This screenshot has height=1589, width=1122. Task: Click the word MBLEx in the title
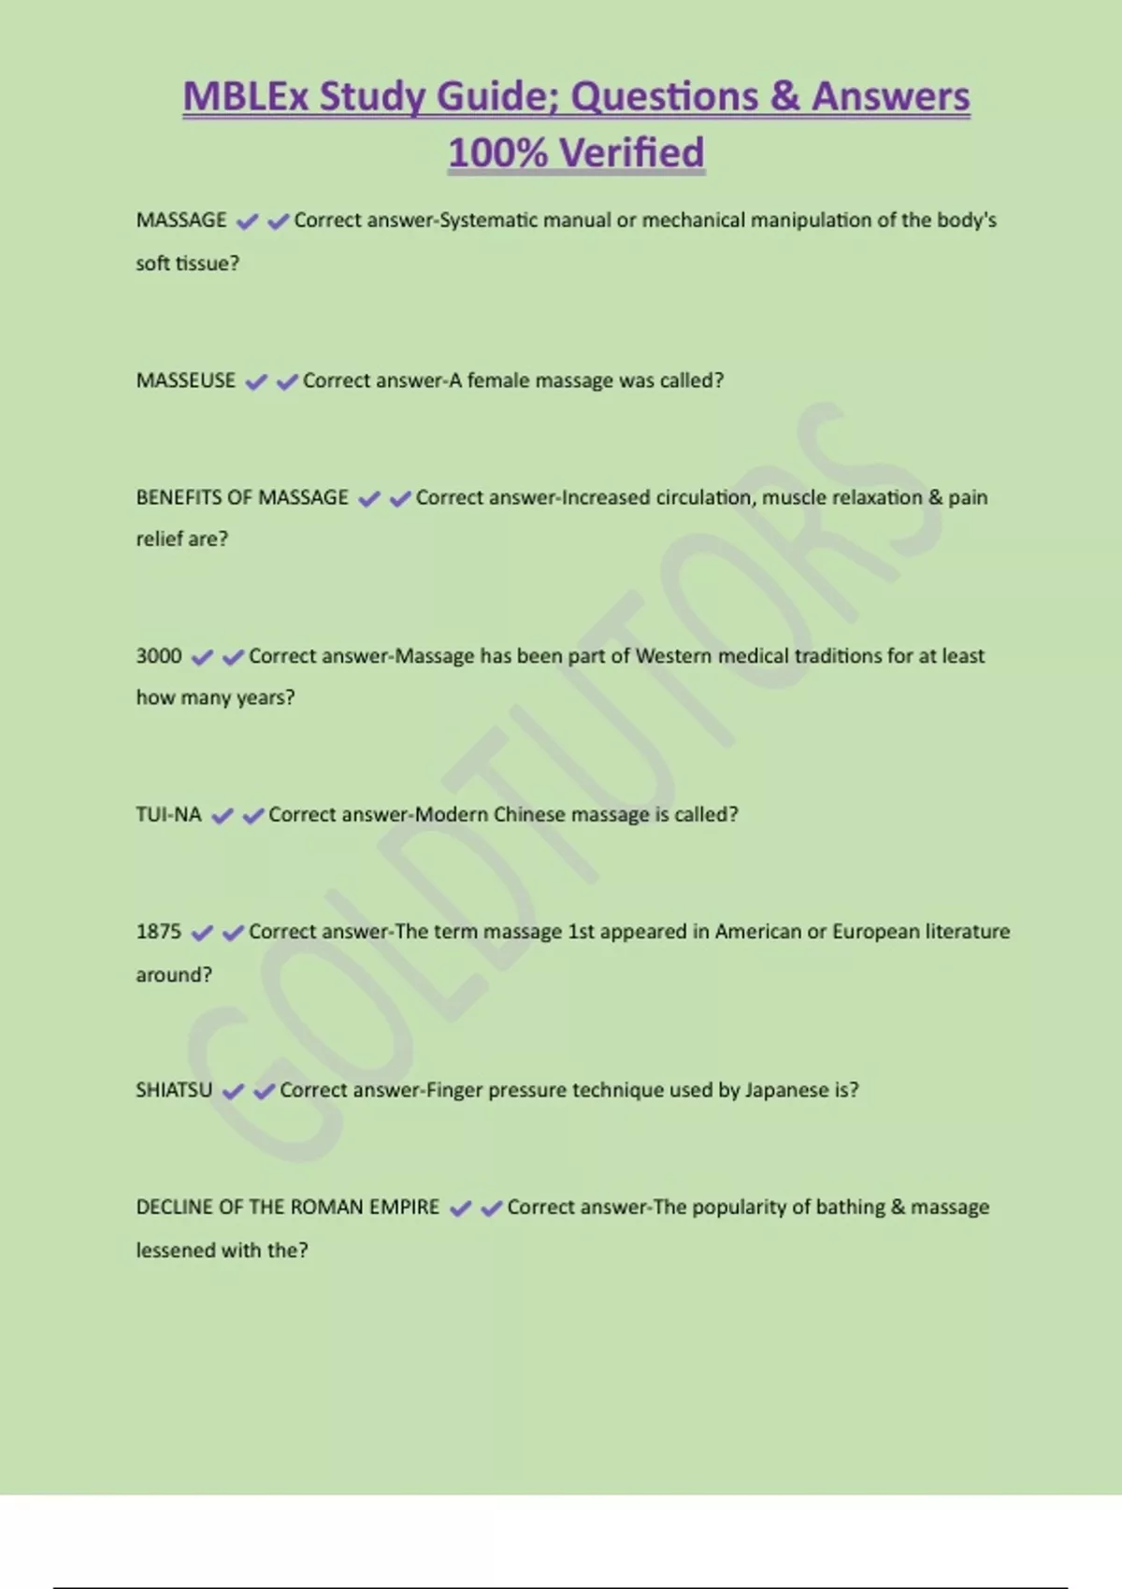point(245,96)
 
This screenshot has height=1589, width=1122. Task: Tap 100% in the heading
point(497,152)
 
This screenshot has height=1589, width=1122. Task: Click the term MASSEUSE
point(186,380)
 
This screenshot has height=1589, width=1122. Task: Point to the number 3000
point(159,656)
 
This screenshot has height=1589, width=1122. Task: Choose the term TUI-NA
point(168,814)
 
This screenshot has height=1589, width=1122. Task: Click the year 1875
point(159,931)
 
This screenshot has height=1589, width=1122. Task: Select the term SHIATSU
point(174,1090)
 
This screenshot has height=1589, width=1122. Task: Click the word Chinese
point(529,814)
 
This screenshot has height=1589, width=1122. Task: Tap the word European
point(876,931)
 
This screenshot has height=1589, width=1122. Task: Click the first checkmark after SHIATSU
point(233,1091)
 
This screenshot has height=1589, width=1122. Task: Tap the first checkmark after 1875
point(201,933)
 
